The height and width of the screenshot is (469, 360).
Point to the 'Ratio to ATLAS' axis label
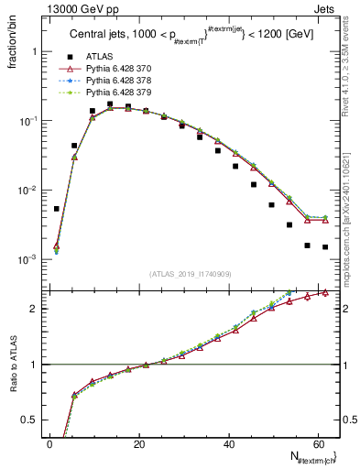pos(12,385)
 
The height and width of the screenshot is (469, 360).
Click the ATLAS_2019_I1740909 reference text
pos(190,275)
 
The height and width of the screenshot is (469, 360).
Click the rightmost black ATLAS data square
pos(325,246)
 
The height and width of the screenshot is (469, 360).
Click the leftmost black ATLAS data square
pos(56,209)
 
